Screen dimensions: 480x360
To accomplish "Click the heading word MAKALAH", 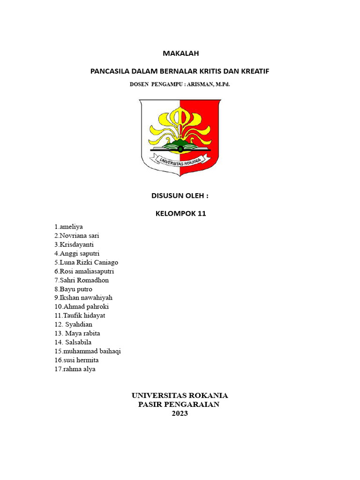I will point(180,53).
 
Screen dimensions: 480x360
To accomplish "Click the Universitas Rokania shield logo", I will point(180,137).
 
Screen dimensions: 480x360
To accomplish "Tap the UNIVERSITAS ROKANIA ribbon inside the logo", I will point(180,160).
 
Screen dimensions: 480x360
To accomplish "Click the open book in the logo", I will point(180,148).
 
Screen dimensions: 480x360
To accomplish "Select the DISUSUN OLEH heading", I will point(180,196).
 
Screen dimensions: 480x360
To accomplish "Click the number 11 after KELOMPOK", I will point(202,214).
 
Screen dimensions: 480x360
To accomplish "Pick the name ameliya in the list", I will point(70,227).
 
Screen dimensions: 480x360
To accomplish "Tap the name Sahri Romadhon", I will point(83,280).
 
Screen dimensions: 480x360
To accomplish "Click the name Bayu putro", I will point(75,289).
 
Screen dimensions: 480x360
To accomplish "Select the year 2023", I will point(180,413).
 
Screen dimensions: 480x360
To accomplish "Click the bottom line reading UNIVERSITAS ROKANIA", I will point(180,396).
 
